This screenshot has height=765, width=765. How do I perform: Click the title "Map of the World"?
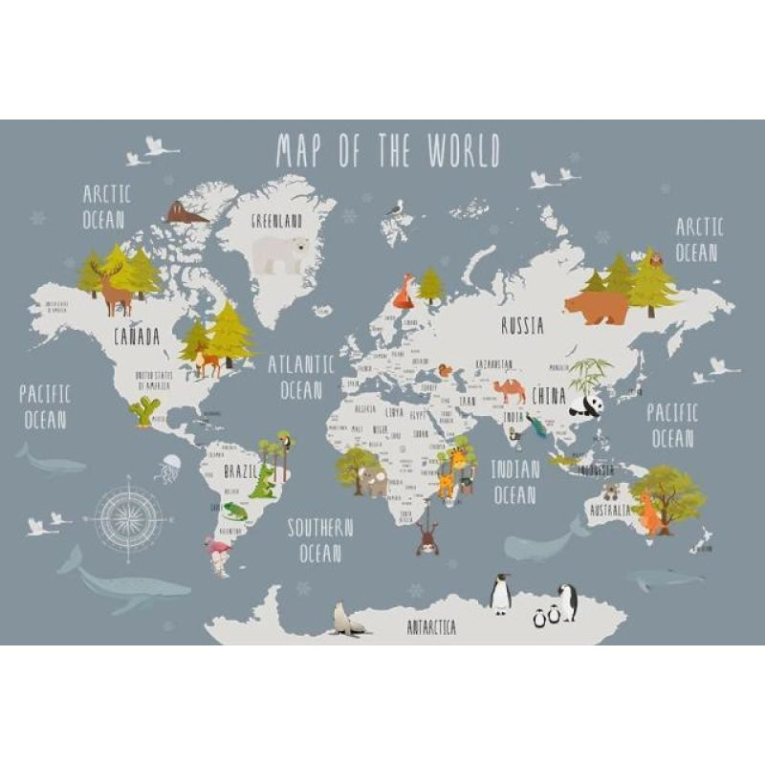click(x=387, y=151)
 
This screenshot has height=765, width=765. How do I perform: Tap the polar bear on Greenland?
click(x=280, y=253)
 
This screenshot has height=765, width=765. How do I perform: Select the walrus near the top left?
click(x=183, y=213)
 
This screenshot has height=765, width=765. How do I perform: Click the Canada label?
click(x=137, y=337)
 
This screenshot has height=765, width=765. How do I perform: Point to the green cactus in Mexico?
click(x=145, y=411)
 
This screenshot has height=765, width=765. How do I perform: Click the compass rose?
click(x=126, y=518)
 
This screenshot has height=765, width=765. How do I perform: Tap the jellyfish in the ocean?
click(x=170, y=469)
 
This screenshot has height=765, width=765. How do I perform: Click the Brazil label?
click(x=240, y=471)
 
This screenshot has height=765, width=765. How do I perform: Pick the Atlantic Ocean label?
click(x=301, y=377)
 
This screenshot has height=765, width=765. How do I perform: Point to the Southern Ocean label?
click(x=321, y=540)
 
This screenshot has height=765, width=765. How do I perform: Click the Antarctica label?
click(x=431, y=628)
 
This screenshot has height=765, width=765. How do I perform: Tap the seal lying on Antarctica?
click(x=348, y=621)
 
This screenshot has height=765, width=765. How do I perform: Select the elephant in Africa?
click(x=373, y=481)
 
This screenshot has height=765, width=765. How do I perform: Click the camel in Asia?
click(x=510, y=390)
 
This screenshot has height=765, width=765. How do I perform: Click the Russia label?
click(x=522, y=326)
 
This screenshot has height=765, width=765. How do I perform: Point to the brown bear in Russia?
click(x=596, y=307)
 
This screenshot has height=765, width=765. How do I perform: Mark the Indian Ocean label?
click(x=514, y=481)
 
